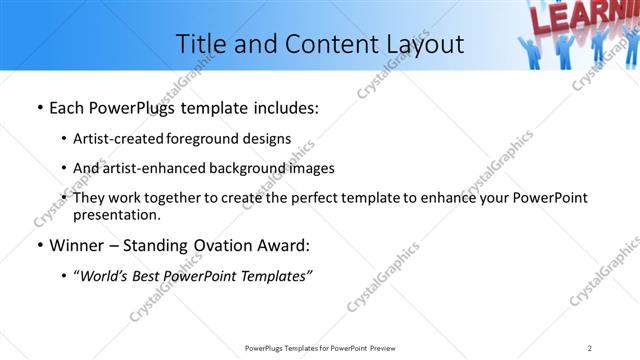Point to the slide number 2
click(590, 347)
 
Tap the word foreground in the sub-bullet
click(206, 139)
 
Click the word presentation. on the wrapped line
click(116, 214)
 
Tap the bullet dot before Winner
click(39, 245)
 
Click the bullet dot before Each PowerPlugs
click(39, 108)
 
